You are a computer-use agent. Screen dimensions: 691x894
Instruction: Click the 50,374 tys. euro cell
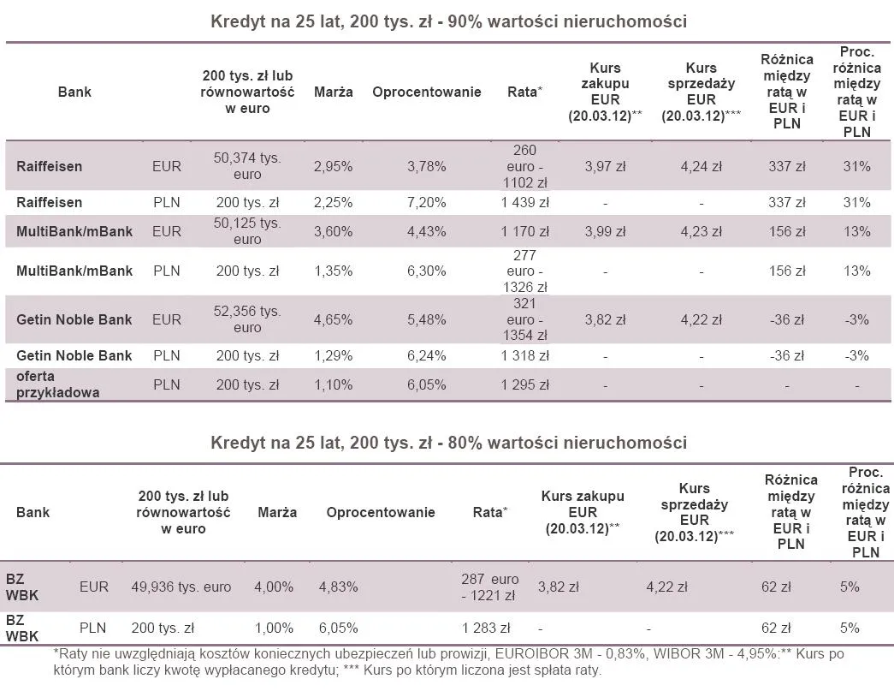coord(247,166)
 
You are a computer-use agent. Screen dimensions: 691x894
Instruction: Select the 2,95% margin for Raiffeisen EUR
coord(333,166)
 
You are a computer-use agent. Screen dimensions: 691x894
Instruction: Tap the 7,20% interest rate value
coord(426,203)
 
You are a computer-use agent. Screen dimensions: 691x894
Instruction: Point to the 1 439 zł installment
coord(525,203)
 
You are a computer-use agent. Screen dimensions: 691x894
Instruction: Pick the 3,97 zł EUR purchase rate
coord(605,166)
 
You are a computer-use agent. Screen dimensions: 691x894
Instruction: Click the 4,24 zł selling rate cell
coord(701,166)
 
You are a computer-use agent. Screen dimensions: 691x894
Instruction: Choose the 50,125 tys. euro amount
coord(247,231)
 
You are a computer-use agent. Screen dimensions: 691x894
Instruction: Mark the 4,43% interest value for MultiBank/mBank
coord(426,231)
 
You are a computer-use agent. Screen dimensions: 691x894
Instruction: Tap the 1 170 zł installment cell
coord(525,231)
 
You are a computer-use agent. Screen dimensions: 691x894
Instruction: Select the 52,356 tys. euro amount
coord(247,319)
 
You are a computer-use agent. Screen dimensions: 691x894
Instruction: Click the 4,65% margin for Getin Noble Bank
coord(333,319)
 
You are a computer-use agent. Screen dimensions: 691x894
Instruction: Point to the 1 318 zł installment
coord(525,355)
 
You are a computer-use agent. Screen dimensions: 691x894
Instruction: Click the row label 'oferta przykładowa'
coord(57,384)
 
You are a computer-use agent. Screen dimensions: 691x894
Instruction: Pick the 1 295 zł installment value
coord(525,384)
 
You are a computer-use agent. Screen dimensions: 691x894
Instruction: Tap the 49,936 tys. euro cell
coord(181,587)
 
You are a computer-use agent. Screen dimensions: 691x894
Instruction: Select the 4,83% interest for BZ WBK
coord(338,587)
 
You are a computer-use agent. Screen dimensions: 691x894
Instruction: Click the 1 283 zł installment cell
coord(485,628)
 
